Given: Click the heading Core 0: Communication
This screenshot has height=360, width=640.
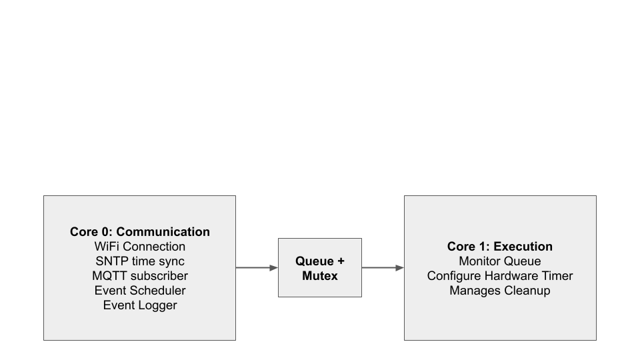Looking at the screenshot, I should pos(139,232).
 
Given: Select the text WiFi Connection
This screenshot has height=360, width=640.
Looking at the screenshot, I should pos(139,247).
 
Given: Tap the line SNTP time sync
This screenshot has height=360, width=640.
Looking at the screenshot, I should pos(139,261).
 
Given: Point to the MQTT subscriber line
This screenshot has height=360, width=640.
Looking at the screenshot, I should pos(139,276).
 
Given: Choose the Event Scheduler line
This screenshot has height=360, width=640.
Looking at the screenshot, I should pos(139,291).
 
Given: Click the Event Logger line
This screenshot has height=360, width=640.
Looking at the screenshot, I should pos(139,305).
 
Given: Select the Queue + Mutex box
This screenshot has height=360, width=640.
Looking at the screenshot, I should pos(320,267).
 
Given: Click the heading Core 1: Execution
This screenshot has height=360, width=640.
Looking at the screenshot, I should pos(499,247).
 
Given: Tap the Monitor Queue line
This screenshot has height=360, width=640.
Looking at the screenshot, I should pos(499,261).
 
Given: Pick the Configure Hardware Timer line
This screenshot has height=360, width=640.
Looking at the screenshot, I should pos(499,276).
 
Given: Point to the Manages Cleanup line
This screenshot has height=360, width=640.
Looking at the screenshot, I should pos(499,291).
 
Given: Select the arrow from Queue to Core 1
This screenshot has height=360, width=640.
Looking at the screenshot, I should pos(381,268).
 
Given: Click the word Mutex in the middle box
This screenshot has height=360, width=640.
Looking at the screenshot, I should pos(320,275).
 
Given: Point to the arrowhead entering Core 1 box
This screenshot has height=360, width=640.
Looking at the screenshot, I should pos(400,268).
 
